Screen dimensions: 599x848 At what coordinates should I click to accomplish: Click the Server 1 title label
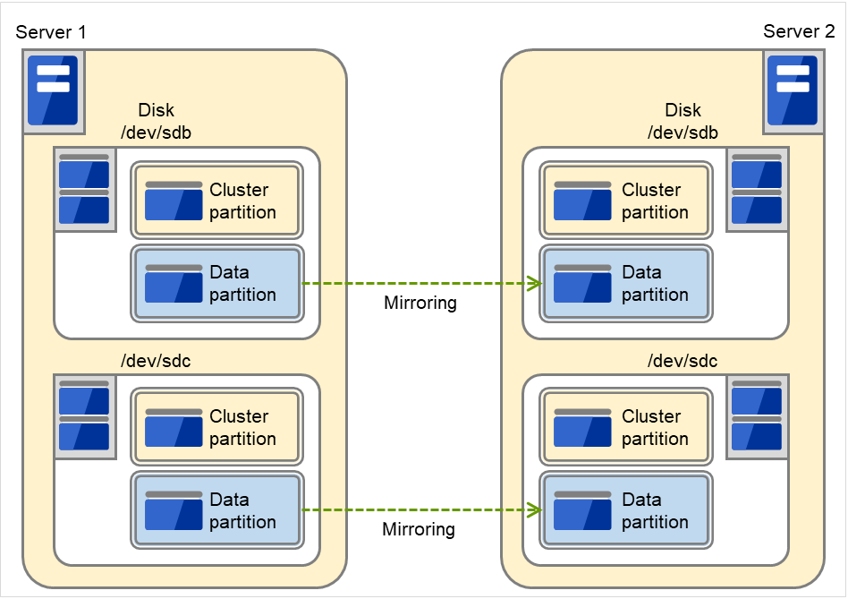click(x=51, y=32)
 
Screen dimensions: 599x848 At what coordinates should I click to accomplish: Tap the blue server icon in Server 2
click(x=793, y=90)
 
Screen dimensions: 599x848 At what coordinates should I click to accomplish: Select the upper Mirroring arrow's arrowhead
click(x=536, y=284)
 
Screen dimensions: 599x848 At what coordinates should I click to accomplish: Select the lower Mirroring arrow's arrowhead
click(x=536, y=510)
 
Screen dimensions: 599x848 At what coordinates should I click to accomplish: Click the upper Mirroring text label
click(x=420, y=303)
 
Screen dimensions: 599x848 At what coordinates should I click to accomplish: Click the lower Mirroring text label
click(x=418, y=529)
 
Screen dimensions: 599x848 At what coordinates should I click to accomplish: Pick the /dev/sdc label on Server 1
click(x=156, y=361)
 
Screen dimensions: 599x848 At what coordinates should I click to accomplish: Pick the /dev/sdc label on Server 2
click(x=683, y=361)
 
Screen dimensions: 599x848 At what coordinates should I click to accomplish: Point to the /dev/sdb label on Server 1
click(x=156, y=133)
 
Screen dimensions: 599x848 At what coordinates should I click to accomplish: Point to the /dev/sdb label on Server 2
click(x=683, y=133)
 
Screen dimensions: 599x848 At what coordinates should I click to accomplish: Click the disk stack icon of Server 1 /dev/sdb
click(x=84, y=189)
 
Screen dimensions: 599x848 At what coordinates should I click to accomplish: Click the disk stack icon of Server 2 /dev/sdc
click(x=757, y=416)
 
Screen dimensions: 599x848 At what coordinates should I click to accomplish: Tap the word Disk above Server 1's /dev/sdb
click(x=156, y=111)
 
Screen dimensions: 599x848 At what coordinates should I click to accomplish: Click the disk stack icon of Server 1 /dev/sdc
click(x=84, y=416)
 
